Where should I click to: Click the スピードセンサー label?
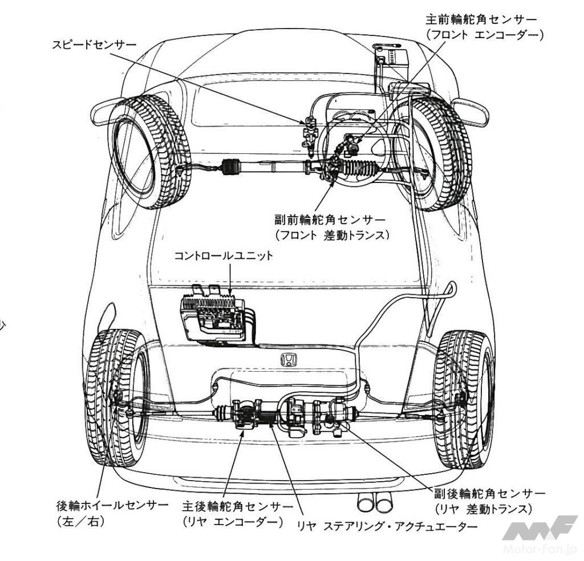[94, 45]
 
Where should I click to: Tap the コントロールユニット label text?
[224, 256]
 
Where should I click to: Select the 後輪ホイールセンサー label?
[112, 506]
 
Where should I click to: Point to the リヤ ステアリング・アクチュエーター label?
[387, 526]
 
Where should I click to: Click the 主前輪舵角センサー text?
[481, 19]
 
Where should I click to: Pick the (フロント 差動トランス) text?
[333, 235]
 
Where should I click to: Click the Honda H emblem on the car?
[289, 360]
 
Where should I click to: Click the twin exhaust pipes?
[374, 502]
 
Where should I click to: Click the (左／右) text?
[81, 521]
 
